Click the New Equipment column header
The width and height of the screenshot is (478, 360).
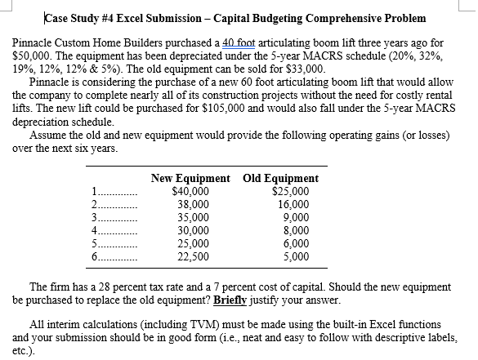click(x=192, y=178)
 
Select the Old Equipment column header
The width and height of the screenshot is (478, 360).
click(x=283, y=178)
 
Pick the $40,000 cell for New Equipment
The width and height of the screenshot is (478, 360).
click(x=191, y=192)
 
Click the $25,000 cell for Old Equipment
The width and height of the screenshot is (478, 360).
click(x=289, y=192)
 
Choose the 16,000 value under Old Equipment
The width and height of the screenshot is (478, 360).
click(x=292, y=205)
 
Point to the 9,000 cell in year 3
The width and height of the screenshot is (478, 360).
click(x=295, y=217)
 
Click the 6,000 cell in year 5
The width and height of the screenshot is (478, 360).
click(x=295, y=243)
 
